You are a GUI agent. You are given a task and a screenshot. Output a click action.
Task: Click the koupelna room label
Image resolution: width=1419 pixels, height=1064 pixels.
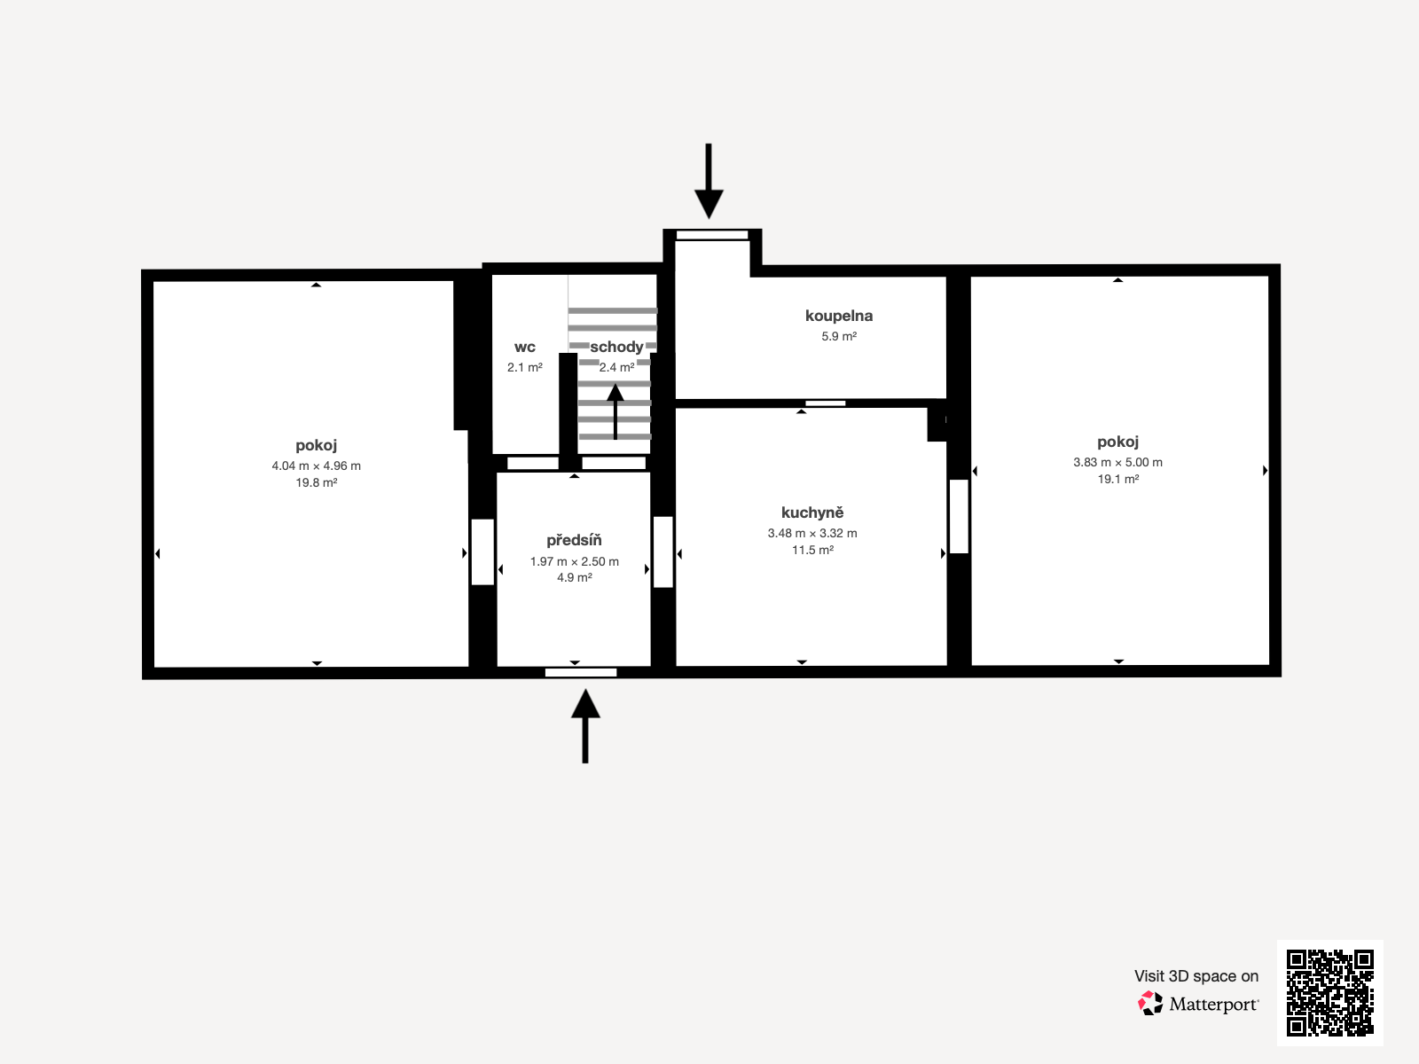(x=838, y=316)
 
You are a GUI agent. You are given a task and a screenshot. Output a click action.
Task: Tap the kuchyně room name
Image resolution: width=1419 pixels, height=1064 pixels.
(x=811, y=512)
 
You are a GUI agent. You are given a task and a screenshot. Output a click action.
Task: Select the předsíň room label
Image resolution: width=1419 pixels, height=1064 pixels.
(x=574, y=540)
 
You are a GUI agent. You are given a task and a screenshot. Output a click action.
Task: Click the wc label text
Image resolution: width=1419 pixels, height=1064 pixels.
(x=524, y=347)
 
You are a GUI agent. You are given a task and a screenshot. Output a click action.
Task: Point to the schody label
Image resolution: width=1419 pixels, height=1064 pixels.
(x=616, y=347)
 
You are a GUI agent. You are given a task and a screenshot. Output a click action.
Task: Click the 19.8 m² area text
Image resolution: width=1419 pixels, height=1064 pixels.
(x=317, y=482)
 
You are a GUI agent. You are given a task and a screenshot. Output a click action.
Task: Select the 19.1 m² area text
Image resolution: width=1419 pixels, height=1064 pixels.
(x=1117, y=479)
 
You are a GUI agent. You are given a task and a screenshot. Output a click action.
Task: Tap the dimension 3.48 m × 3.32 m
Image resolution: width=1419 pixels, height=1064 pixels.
(x=811, y=533)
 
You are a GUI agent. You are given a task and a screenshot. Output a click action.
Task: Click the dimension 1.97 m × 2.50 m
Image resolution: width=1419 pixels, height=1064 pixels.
(x=574, y=561)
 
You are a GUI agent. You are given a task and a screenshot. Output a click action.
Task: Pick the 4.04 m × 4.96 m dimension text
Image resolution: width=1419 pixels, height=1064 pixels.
(x=317, y=465)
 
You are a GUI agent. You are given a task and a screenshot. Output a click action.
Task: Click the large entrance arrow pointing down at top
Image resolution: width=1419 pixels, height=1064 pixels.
(x=708, y=183)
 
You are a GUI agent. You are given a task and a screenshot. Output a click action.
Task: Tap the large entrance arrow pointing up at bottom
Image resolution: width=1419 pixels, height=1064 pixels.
(x=585, y=724)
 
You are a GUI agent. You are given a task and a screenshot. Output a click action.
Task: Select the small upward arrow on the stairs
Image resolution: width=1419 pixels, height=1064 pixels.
(x=615, y=410)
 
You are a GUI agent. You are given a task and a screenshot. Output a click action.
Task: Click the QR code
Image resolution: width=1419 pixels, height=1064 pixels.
(x=1329, y=992)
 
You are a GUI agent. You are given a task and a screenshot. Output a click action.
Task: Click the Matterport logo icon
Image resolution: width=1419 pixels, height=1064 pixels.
(x=1150, y=1004)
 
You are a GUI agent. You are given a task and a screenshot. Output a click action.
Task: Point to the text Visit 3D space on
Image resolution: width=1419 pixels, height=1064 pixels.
(x=1196, y=976)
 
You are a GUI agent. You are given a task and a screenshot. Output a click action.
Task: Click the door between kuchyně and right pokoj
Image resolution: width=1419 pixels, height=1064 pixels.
(x=959, y=516)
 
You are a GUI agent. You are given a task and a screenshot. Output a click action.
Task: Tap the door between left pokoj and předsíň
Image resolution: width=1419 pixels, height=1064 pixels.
(x=482, y=552)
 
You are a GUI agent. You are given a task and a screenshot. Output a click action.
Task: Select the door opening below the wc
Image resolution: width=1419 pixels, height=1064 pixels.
(x=532, y=463)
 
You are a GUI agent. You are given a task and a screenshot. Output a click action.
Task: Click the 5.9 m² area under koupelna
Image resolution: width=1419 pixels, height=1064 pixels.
(x=838, y=336)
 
